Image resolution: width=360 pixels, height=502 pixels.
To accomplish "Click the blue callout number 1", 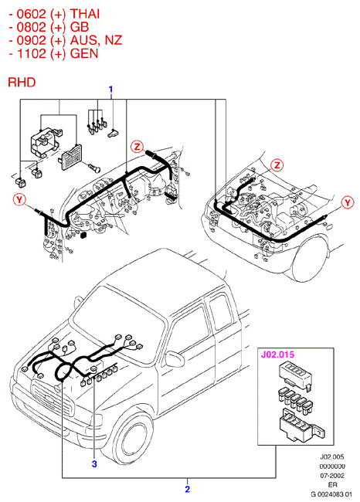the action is pyautogui.click(x=110, y=89).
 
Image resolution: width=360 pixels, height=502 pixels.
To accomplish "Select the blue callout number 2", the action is pyautogui.click(x=188, y=489).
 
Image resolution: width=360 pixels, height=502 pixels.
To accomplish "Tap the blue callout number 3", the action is pyautogui.click(x=94, y=463).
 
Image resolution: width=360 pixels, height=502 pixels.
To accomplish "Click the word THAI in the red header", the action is pyautogui.click(x=85, y=14).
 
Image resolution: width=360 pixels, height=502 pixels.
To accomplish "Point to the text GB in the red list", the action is pyautogui.click(x=80, y=27).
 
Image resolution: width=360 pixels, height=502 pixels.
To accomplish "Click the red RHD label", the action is pyautogui.click(x=22, y=83).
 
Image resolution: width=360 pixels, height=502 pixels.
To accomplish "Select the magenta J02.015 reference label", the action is pyautogui.click(x=277, y=354).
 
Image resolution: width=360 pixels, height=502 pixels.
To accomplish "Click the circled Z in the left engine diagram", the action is pyautogui.click(x=138, y=147).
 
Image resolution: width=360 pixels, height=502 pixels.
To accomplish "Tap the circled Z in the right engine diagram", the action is pyautogui.click(x=277, y=165).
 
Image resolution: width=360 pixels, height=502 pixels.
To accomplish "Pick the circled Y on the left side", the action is pyautogui.click(x=19, y=200).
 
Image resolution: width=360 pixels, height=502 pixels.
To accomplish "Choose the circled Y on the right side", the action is pyautogui.click(x=347, y=202).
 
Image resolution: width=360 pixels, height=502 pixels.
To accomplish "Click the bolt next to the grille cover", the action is pyautogui.click(x=93, y=167).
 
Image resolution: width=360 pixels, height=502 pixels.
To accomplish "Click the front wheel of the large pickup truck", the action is pyautogui.click(x=133, y=442).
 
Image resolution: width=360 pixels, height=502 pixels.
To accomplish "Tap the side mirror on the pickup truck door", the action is pyautogui.click(x=175, y=359).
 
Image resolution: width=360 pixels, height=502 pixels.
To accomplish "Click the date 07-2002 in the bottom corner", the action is pyautogui.click(x=332, y=476).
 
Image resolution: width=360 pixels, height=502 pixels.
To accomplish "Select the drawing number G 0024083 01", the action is pyautogui.click(x=331, y=494).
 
